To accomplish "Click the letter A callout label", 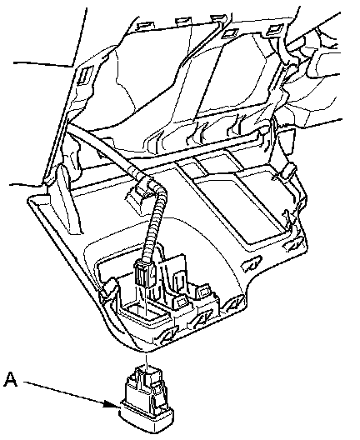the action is click(x=11, y=379).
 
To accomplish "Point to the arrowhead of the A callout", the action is click(x=112, y=404).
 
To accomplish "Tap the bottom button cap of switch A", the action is click(x=147, y=418).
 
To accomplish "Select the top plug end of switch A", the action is click(x=147, y=371).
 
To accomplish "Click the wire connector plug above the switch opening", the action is click(x=145, y=273).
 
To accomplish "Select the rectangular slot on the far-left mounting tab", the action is click(x=84, y=75).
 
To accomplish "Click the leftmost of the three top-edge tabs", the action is click(x=146, y=26).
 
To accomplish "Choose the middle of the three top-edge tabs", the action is click(x=183, y=22).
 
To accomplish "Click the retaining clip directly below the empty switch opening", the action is click(x=168, y=335).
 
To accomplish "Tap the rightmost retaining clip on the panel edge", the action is click(x=293, y=244).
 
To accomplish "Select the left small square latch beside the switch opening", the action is click(x=181, y=302).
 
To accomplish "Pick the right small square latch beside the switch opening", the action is click(x=204, y=292).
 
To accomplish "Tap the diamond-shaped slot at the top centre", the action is click(x=231, y=33).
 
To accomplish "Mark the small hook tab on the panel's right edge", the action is click(x=287, y=172).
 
